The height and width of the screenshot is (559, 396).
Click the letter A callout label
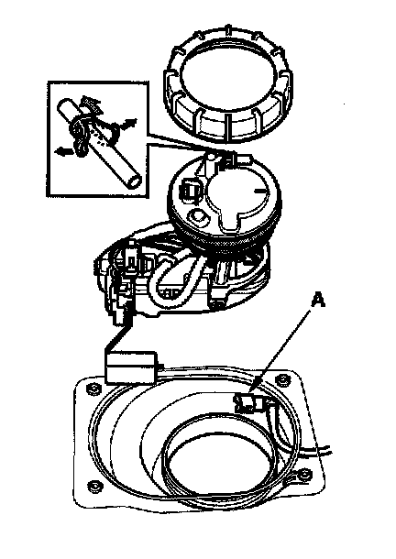point(318,300)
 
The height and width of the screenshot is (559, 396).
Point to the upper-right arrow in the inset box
point(129,124)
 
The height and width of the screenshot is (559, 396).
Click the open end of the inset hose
point(135,181)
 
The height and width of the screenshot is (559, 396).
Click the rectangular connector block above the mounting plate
point(130,367)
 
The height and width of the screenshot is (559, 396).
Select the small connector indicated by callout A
point(248,403)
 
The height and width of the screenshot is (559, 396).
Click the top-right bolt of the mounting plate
point(282,379)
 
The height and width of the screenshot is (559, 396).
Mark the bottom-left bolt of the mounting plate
point(94,486)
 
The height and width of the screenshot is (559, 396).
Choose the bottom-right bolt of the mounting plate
point(303,475)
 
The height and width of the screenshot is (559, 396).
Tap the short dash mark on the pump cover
point(260,191)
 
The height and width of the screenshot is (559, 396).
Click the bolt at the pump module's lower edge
point(217,304)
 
